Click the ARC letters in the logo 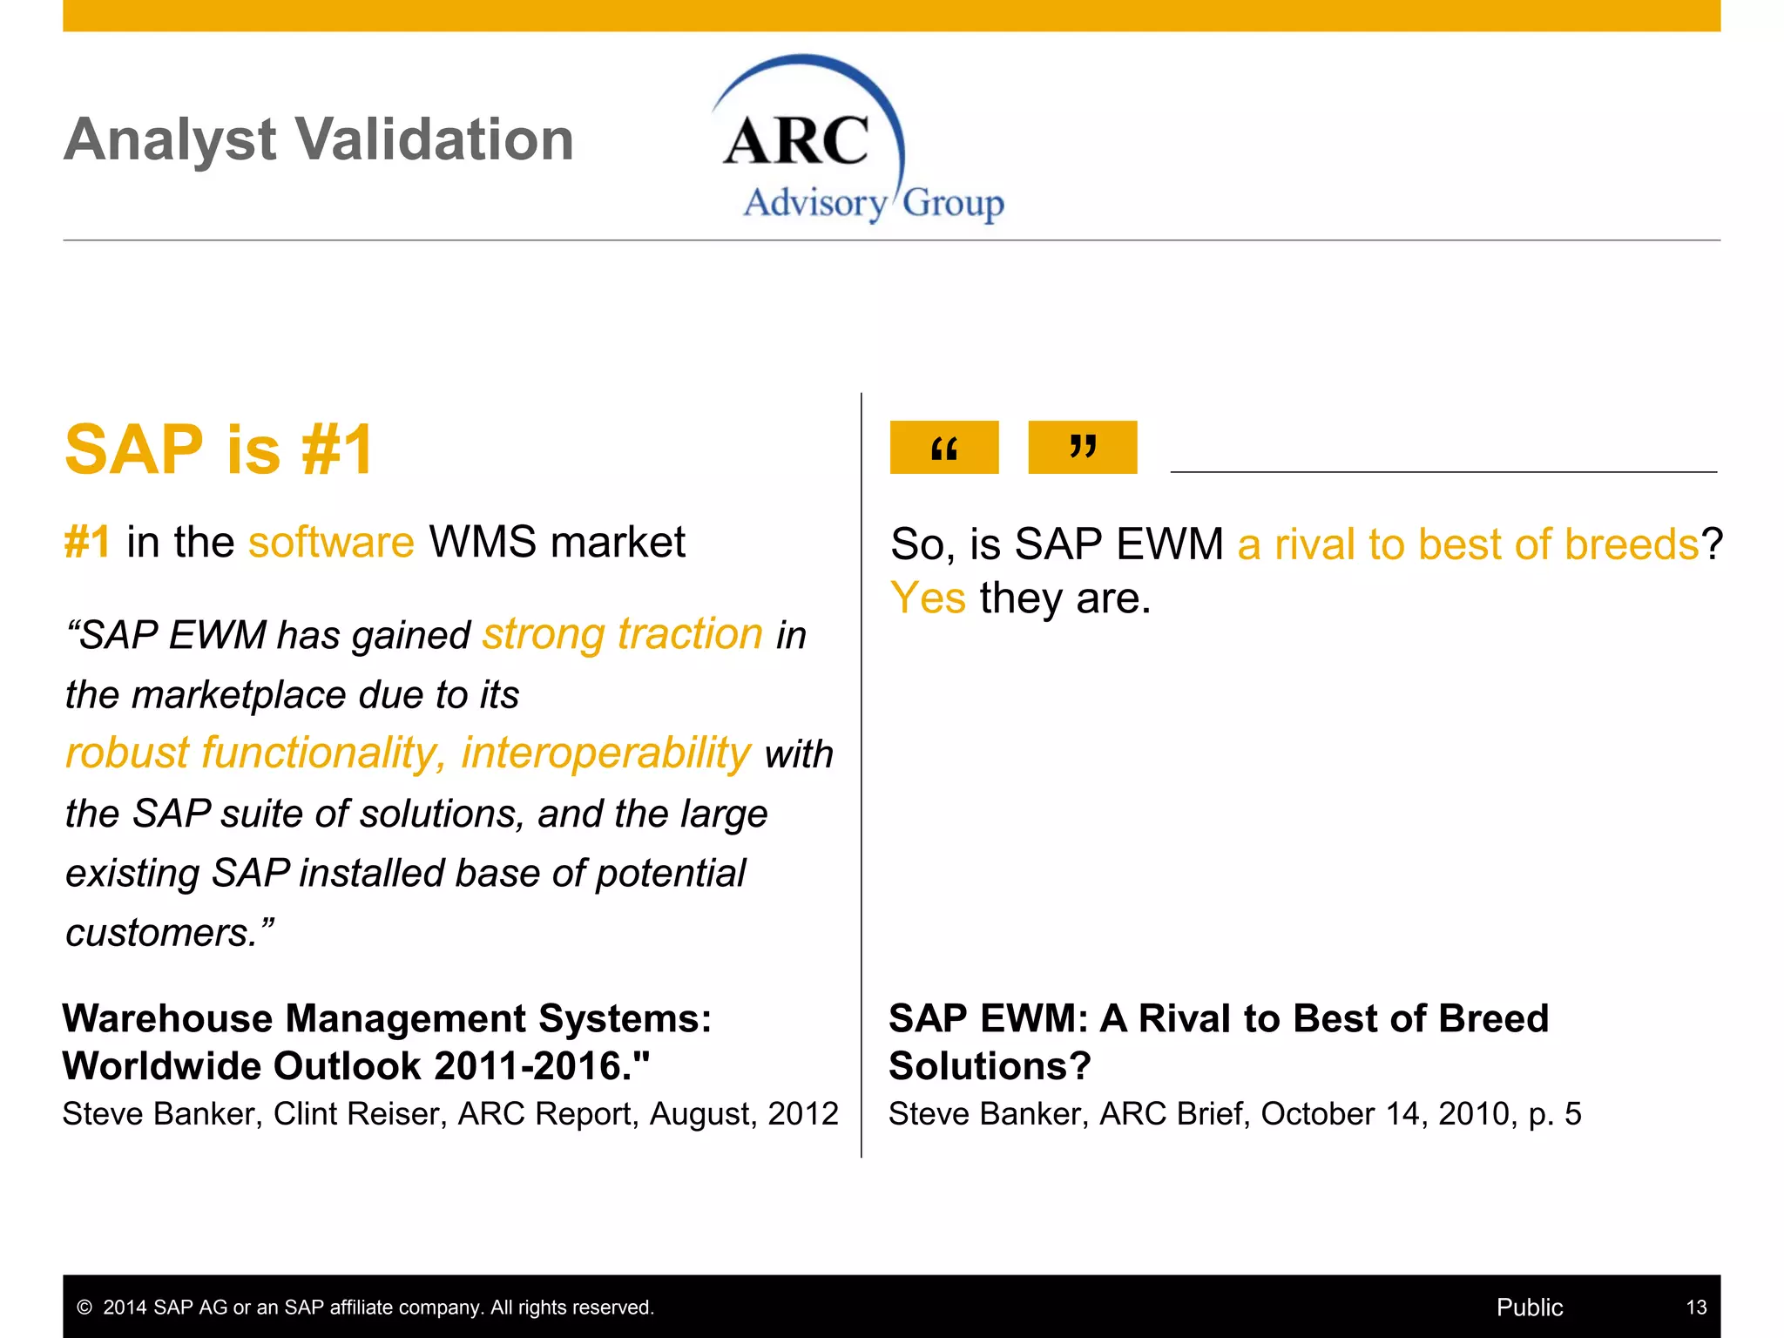point(795,141)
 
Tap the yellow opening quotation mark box point(943,447)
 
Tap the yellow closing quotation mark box point(1082,447)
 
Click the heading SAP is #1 point(220,449)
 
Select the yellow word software point(331,542)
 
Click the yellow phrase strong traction point(623,633)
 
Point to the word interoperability point(605,753)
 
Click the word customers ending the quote point(161,933)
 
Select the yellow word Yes point(928,598)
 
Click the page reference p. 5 point(1555,1114)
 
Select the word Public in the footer point(1529,1308)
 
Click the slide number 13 point(1696,1308)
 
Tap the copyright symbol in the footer point(84,1308)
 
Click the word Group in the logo point(953,204)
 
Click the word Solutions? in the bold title point(990,1066)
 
